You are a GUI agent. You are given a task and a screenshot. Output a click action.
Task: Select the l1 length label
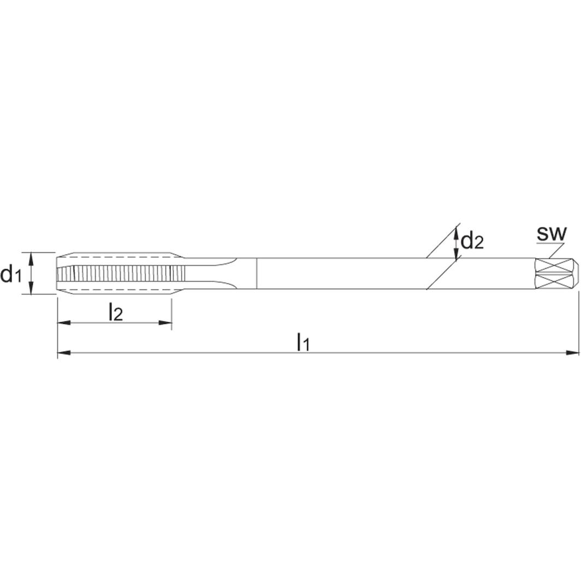[303, 343]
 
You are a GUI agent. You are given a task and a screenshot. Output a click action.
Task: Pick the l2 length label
[116, 312]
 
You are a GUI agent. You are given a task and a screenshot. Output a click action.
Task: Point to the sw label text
[552, 233]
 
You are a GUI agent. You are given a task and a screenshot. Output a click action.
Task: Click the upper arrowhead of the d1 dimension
[31, 257]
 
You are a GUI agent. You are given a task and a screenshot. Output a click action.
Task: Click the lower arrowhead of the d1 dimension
[31, 289]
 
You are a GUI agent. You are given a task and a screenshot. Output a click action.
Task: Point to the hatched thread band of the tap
[120, 273]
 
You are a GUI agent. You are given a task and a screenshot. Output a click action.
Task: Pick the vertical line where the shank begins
[257, 273]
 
